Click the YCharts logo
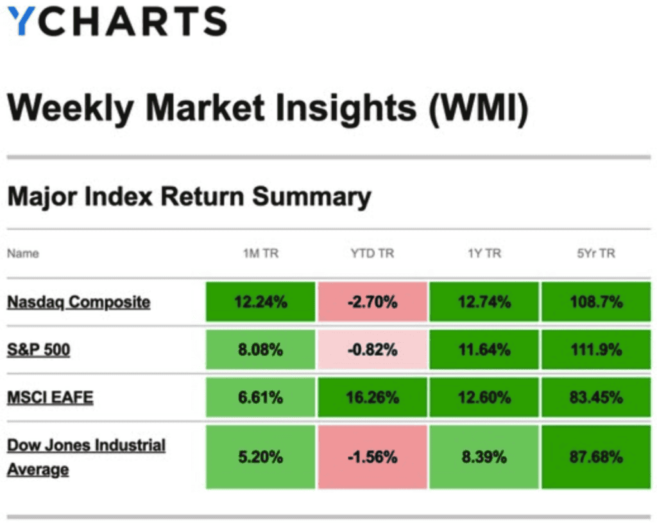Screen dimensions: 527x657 [117, 22]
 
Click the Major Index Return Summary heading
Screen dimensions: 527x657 [189, 196]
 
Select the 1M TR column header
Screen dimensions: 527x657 [260, 254]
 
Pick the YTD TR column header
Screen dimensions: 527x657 [372, 254]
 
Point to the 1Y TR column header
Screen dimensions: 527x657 [484, 254]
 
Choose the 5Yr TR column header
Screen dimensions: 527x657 [596, 254]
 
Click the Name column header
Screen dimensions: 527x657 [23, 254]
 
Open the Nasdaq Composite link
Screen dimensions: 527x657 [78, 302]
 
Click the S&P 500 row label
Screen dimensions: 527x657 [38, 350]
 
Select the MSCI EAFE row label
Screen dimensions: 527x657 [50, 397]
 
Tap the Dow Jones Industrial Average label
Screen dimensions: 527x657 [86, 457]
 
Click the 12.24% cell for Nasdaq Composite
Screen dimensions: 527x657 [260, 302]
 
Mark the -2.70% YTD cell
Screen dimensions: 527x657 [372, 302]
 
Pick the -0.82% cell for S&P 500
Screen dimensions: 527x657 [372, 350]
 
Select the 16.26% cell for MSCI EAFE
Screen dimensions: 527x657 [372, 397]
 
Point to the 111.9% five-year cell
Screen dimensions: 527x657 [596, 350]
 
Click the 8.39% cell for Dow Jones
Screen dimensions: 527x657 [484, 457]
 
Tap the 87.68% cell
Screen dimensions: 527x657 [596, 457]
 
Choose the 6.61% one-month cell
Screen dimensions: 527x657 [260, 397]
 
